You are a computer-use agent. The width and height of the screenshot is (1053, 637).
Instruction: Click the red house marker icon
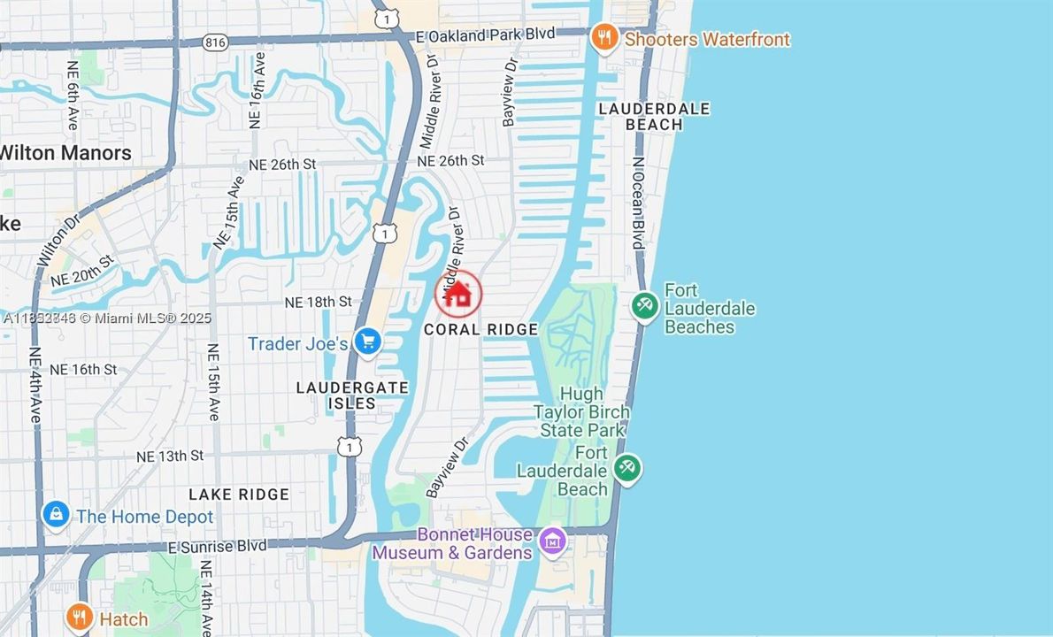point(458,294)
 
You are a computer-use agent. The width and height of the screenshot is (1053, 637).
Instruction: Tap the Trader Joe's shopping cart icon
point(367,342)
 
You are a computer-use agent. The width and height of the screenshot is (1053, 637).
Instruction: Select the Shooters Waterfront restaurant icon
point(604,38)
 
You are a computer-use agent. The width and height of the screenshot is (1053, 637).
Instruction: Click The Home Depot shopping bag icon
point(56,514)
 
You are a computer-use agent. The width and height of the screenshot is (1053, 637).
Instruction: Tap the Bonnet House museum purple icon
point(553,540)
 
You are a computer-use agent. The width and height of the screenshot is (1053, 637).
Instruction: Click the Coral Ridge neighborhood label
point(480,329)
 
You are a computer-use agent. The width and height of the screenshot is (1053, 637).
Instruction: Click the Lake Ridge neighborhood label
point(239,494)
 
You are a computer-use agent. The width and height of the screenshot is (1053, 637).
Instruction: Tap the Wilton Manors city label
point(65,152)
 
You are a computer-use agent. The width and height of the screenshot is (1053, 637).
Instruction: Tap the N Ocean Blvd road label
point(637,203)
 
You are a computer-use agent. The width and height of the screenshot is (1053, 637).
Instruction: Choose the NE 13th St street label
point(170,456)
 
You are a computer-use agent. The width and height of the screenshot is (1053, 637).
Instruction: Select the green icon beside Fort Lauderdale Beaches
point(644,306)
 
